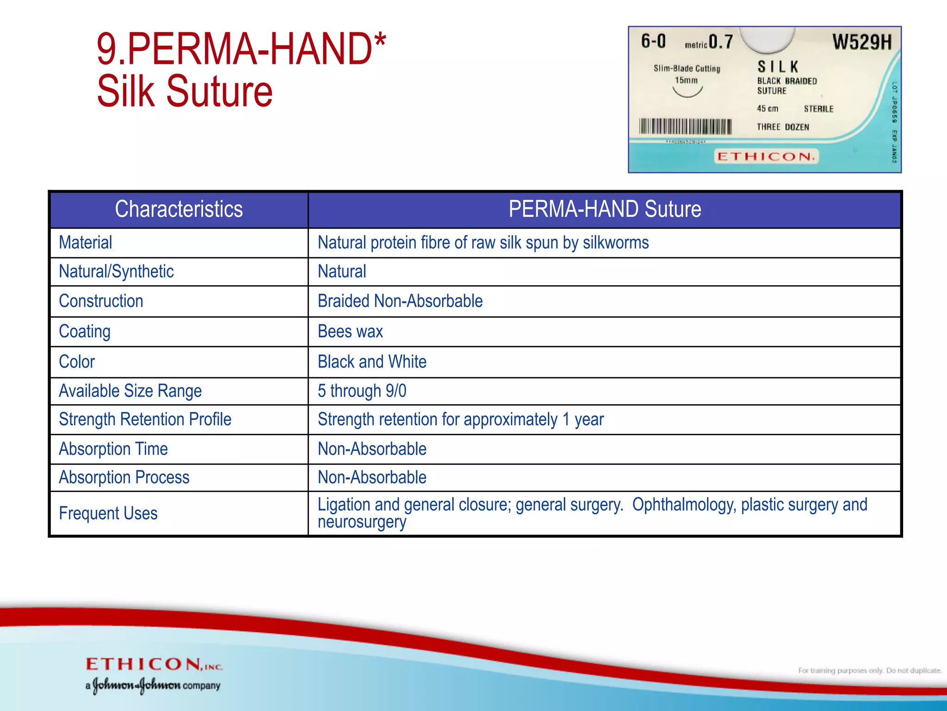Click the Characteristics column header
point(178,209)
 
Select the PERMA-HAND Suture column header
point(604,209)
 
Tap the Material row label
point(86,243)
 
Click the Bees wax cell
point(350,331)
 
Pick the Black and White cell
point(372,362)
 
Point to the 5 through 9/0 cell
point(362,391)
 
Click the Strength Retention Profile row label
point(145,419)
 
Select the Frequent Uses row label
point(108,513)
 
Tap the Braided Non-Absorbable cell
point(400,301)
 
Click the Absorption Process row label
point(124,477)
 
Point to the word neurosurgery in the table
point(362,522)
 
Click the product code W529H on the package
point(862,42)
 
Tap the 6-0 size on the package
point(653,42)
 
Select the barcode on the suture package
point(685,126)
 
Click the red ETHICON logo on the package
point(766,156)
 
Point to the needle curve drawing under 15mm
point(687,92)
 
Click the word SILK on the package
point(778,67)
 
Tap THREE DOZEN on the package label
point(783,127)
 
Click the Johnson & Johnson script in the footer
point(136,685)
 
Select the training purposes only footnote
point(869,670)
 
